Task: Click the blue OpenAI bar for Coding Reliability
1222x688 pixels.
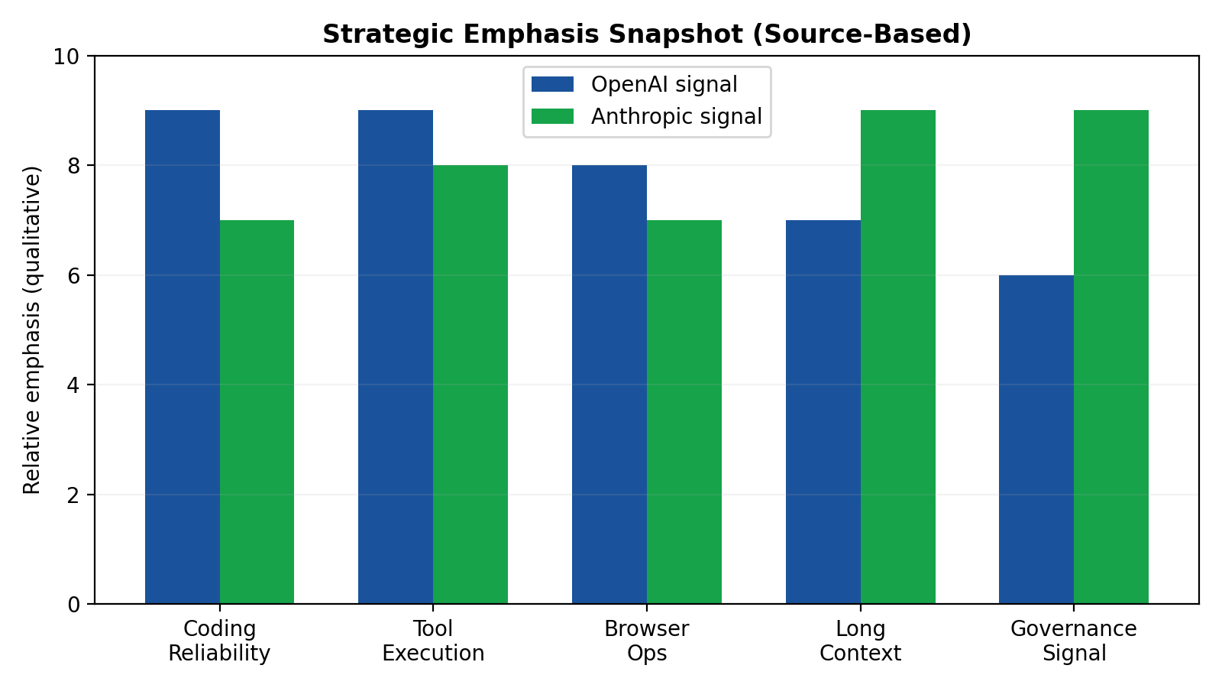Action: point(183,357)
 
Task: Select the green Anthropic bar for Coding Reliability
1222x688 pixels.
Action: point(257,412)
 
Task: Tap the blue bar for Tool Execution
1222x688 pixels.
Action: point(396,357)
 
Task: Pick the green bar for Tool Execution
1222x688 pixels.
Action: point(470,385)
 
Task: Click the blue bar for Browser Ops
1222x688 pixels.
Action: point(609,385)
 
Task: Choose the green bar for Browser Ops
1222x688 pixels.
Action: point(684,412)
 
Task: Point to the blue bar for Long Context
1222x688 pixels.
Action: point(823,412)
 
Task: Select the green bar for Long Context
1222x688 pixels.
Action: point(898,357)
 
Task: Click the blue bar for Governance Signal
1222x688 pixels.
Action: point(1036,440)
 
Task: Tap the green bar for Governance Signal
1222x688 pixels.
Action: point(1111,357)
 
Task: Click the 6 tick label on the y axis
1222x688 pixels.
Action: point(74,276)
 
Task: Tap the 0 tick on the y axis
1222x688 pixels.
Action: point(74,605)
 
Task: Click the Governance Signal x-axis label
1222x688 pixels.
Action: point(1073,641)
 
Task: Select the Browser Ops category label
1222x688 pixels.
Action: point(646,641)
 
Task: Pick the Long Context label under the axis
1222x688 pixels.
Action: point(860,641)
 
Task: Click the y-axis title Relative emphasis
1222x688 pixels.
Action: point(32,330)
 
